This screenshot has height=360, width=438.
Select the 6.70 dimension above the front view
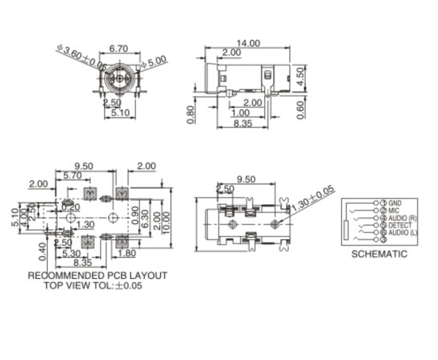click(x=119, y=48)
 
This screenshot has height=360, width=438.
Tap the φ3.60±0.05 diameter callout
click(x=82, y=57)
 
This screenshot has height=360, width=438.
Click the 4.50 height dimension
click(x=301, y=77)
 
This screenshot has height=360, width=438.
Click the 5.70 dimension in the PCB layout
click(x=72, y=176)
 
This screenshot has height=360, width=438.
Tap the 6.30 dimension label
click(x=145, y=216)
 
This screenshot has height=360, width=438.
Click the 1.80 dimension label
click(x=127, y=253)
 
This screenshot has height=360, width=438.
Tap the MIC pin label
click(x=394, y=210)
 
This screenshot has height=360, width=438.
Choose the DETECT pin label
click(x=400, y=225)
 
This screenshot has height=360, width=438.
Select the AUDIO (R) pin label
click(x=402, y=218)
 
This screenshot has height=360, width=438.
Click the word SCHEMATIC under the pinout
click(x=379, y=254)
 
